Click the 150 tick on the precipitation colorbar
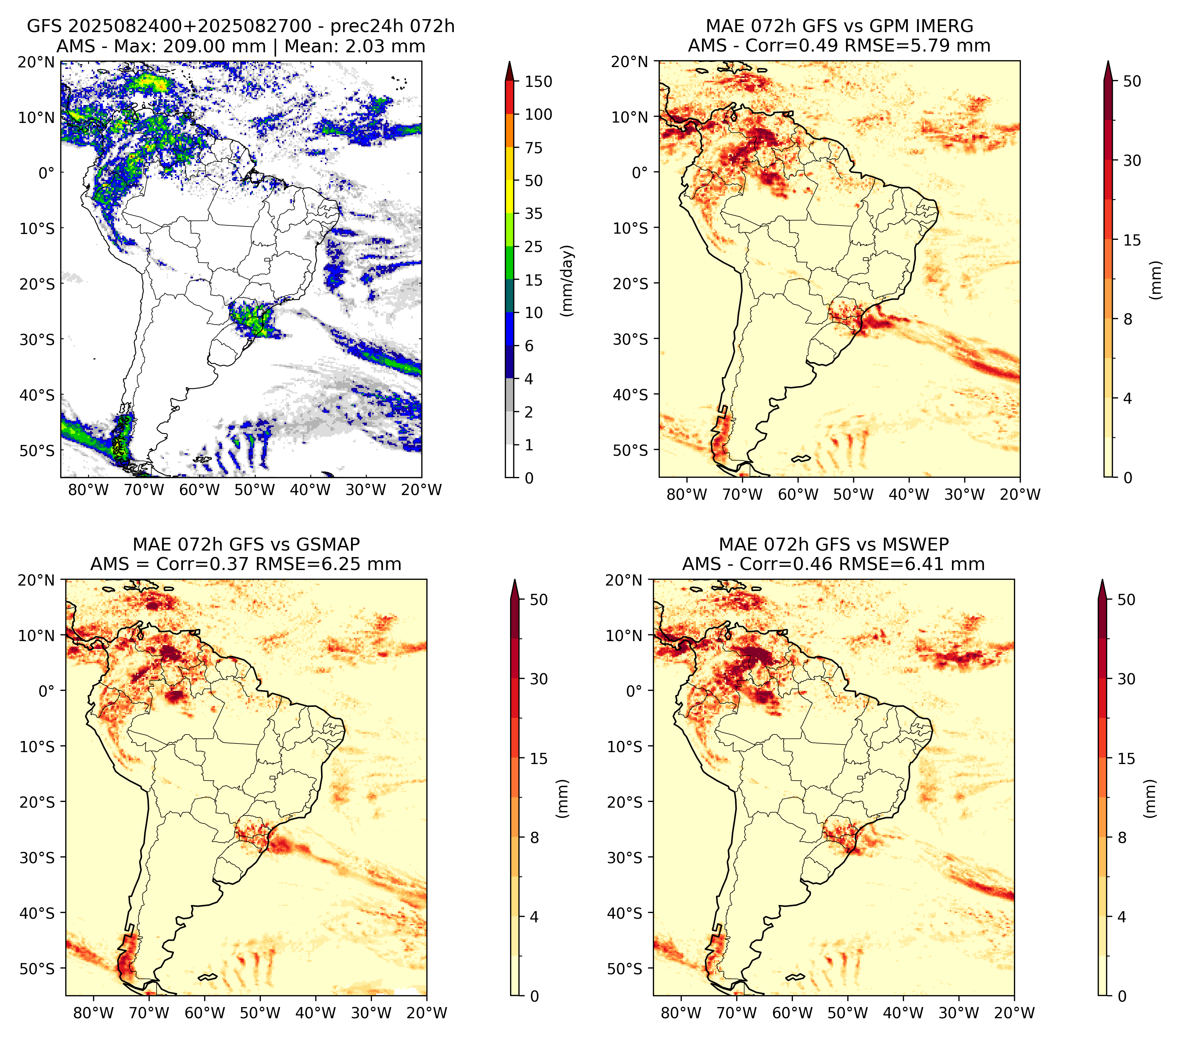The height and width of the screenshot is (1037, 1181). pos(538,81)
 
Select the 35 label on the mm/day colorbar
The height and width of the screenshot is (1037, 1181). pos(533,213)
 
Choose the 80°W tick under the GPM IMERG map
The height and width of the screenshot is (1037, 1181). pos(687,494)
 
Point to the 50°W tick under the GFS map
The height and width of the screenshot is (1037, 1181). pos(255,490)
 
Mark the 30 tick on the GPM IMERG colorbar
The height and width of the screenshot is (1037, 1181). pos(1132,160)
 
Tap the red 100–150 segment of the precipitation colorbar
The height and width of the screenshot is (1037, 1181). pos(509,98)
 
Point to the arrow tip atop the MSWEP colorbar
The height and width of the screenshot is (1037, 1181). pos(1102,580)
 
